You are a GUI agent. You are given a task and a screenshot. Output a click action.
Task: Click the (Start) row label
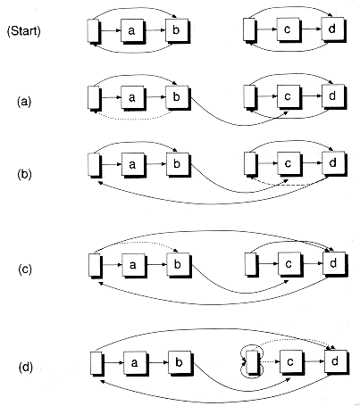click(24, 31)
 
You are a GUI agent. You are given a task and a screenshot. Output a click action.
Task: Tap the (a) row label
click(24, 102)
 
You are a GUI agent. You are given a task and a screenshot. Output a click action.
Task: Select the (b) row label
click(24, 174)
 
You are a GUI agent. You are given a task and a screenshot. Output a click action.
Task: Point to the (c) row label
click(25, 269)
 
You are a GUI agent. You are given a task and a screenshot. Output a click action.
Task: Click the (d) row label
click(26, 368)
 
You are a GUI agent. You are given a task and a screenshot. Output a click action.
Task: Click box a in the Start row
click(132, 30)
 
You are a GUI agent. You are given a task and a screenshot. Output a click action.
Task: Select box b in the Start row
click(177, 30)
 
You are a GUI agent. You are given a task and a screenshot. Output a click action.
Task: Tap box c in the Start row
click(288, 29)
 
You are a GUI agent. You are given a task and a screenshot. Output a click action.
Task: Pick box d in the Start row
click(332, 29)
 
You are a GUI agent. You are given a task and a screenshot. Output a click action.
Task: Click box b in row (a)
click(177, 97)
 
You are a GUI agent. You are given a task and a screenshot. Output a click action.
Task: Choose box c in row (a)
click(289, 96)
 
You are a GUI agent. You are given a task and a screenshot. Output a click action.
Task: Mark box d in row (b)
click(333, 163)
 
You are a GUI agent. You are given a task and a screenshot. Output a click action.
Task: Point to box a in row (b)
click(133, 164)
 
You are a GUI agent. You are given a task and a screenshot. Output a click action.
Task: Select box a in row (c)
click(134, 265)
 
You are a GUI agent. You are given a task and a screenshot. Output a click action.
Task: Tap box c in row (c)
click(289, 264)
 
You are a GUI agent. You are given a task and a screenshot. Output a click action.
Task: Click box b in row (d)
click(180, 362)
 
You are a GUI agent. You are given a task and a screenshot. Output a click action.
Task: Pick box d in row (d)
click(336, 361)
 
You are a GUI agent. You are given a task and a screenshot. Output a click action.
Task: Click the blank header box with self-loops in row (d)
click(253, 361)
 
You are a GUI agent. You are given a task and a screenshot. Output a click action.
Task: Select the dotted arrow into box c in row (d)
click(271, 361)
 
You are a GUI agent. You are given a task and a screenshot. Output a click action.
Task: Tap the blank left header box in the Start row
click(94, 30)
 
